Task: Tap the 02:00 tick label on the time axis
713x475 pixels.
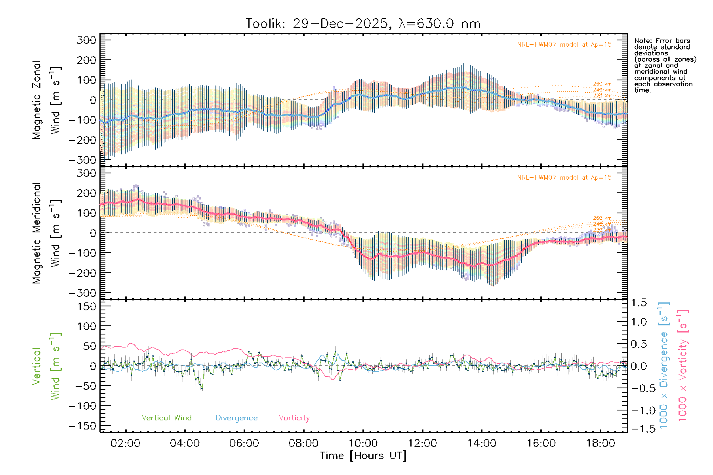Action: [125, 443]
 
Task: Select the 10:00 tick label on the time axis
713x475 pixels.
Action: [363, 443]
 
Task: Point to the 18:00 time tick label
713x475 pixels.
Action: [601, 443]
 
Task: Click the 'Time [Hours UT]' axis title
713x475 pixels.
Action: [363, 456]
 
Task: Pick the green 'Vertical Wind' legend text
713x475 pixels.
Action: [166, 418]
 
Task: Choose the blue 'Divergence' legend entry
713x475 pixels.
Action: [236, 418]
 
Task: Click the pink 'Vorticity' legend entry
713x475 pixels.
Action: [294, 418]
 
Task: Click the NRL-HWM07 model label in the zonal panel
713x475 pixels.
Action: [564, 45]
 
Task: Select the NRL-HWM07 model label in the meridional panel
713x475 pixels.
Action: [564, 178]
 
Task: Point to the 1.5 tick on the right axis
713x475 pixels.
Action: [639, 303]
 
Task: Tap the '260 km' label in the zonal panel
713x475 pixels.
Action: [602, 84]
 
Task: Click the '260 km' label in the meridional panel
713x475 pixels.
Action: [602, 218]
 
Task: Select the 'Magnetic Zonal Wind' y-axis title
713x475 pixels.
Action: [46, 100]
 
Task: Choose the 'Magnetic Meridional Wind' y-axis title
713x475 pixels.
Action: [46, 234]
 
